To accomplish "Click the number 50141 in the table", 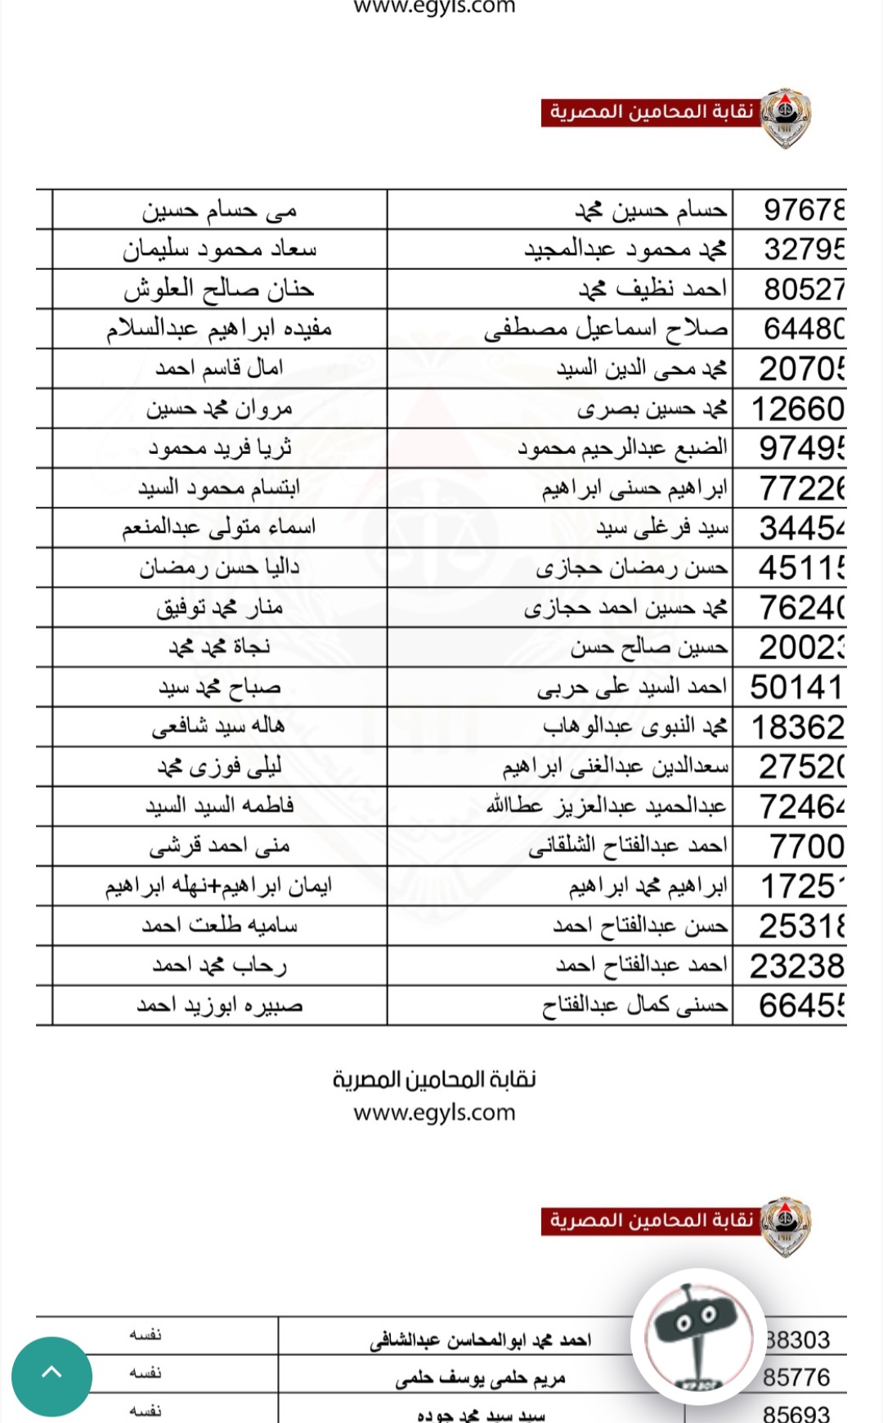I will pos(796,687).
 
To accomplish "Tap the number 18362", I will pos(797,727).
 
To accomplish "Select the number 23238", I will pos(797,966).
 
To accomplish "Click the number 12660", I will pos(797,409).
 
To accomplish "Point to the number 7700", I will pos(806,846).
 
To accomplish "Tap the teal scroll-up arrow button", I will pos(52,1376).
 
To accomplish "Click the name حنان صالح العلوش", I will pos(219,289).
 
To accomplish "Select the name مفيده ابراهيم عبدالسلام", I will pos(219,329).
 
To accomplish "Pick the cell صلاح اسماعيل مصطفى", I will pos(605,329).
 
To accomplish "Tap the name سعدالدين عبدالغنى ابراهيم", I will pos(615,767).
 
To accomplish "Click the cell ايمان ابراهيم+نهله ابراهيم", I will pos(218,887).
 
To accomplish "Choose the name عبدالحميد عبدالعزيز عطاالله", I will pos(606,806).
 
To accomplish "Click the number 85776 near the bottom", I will pos(796,1378).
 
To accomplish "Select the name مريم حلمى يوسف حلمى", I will pos(480,1379).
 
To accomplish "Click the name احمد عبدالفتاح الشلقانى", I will pos(627,846).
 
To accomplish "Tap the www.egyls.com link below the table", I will pos(434,1112).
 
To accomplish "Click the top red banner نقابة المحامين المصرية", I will pos(651,112).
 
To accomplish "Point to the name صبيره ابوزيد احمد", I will pos(219,1005).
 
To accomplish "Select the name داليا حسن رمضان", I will pos(219,568).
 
